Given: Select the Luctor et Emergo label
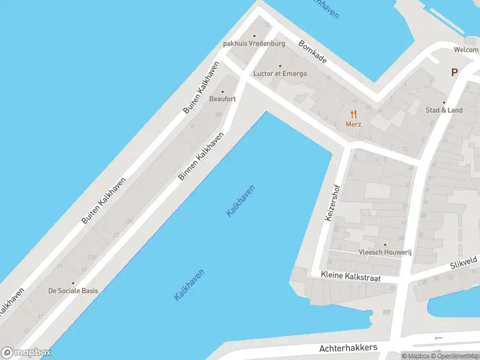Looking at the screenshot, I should point(280,74).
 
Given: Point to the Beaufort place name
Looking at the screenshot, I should point(222,99).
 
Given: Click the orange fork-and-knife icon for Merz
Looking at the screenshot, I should point(354,113).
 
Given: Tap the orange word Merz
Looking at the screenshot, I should point(353,124).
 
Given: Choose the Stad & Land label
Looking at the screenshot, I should point(444,110).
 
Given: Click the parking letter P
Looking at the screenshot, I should point(454,72).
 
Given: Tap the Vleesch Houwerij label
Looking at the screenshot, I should point(385,253).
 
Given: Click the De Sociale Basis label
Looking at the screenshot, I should point(73,290).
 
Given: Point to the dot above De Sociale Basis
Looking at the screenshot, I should point(73,283).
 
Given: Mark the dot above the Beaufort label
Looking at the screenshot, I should point(223,92).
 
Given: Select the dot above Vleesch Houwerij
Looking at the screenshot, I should point(385,245).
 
